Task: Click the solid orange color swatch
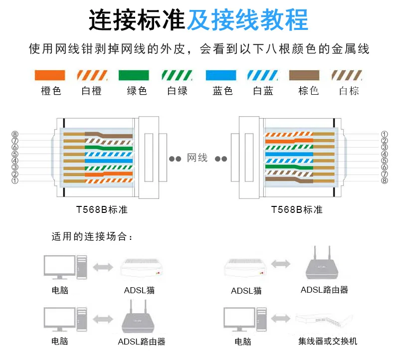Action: point(50,75)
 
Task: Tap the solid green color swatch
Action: point(134,75)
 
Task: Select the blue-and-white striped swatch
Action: point(262,75)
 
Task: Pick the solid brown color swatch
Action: point(304,75)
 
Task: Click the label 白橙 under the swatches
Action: point(91,91)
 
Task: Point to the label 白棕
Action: point(349,91)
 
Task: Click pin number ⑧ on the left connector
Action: point(15,134)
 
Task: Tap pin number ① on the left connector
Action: point(15,180)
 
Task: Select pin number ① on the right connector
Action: point(385,134)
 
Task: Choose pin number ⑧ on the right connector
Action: point(385,180)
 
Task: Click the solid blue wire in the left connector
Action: point(109,161)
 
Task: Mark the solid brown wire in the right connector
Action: point(289,180)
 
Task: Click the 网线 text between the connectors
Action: point(197,158)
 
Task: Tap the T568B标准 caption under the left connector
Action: point(102,209)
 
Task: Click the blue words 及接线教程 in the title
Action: point(247,19)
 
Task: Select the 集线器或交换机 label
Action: point(328,341)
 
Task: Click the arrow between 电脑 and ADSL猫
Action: point(103,267)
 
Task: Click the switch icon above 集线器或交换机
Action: point(324,320)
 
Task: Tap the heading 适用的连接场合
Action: point(92,236)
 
